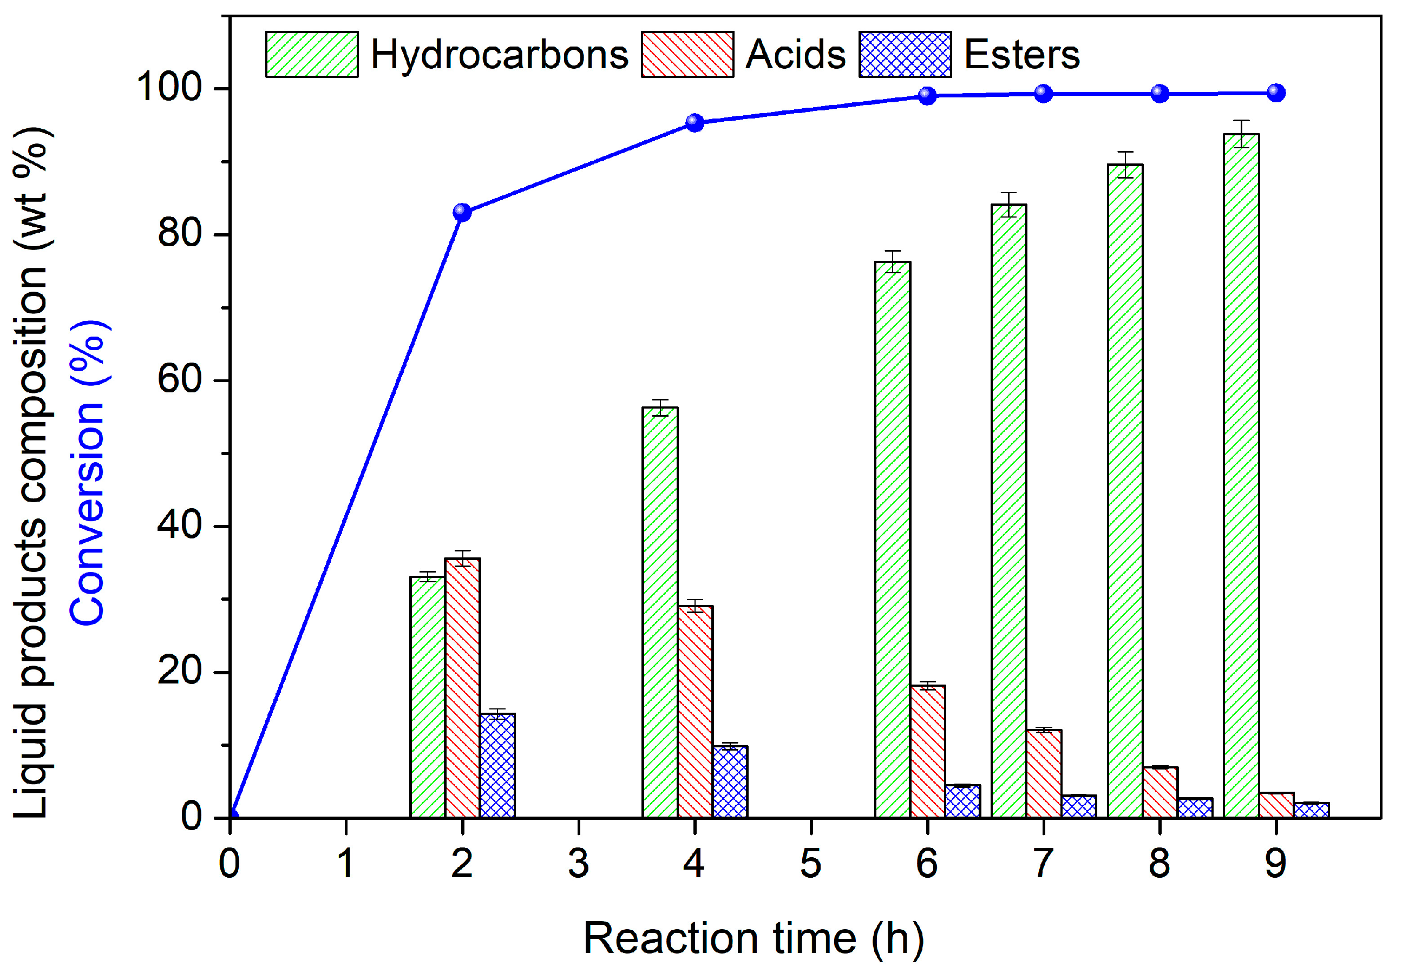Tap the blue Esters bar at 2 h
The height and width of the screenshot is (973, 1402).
(497, 765)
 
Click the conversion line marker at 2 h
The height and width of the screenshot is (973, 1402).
(462, 213)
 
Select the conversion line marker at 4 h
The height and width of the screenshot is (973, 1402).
(695, 122)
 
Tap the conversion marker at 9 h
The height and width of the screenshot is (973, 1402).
(1276, 93)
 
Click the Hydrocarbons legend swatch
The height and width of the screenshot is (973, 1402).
(312, 54)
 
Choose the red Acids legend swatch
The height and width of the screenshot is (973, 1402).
(687, 54)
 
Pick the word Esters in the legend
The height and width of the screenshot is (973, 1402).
(1021, 54)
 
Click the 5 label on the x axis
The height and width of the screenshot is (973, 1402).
(810, 864)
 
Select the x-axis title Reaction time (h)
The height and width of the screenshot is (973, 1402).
(754, 938)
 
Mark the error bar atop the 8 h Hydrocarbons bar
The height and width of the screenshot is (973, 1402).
(1125, 164)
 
